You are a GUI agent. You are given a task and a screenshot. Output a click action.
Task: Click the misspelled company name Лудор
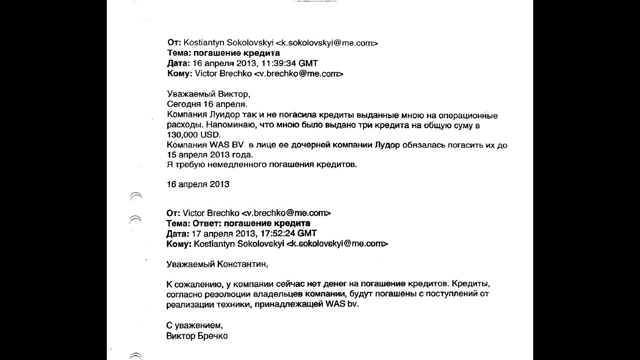point(387,145)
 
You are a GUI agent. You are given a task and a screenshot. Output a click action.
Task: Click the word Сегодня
point(184,105)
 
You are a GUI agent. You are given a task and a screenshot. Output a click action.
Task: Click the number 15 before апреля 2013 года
point(171,155)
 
